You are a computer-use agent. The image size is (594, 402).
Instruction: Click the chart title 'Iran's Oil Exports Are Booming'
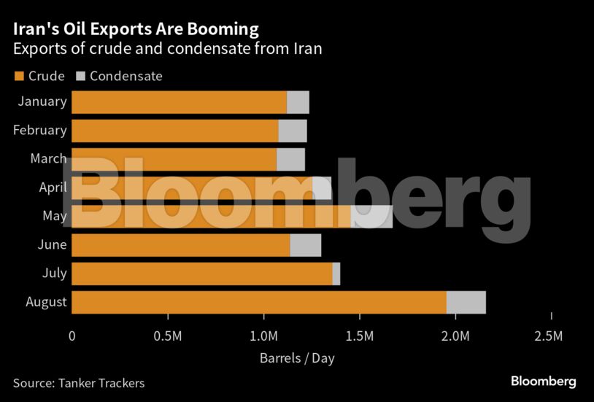pos(135,29)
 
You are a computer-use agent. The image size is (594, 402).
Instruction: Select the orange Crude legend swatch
pos(18,76)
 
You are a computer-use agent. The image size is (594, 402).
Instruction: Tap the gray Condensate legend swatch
pos(81,76)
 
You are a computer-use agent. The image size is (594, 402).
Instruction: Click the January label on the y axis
pos(42,101)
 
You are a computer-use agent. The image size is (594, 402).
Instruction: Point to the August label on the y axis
pos(46,301)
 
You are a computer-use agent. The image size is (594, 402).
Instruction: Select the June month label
pos(52,244)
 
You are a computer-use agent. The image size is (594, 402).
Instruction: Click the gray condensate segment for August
pos(466,302)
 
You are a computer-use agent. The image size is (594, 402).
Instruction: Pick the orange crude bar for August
pos(259,302)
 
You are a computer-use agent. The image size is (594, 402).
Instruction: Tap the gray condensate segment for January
pos(298,102)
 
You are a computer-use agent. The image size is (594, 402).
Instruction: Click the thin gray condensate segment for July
pos(336,274)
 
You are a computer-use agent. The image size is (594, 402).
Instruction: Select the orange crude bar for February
pos(175,131)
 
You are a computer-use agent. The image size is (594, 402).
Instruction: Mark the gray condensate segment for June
pos(305,245)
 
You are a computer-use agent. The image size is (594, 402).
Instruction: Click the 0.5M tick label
pos(168,336)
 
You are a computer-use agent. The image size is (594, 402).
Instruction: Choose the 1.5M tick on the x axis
pos(360,336)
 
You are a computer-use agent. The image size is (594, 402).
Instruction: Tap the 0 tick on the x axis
pos(72,336)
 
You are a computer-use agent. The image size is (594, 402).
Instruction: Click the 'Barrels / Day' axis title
pos(296,358)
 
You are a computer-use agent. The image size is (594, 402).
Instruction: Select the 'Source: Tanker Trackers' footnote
pos(79,382)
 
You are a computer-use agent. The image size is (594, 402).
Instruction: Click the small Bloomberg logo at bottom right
pos(543,381)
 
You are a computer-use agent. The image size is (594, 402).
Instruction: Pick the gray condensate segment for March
pos(290,159)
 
